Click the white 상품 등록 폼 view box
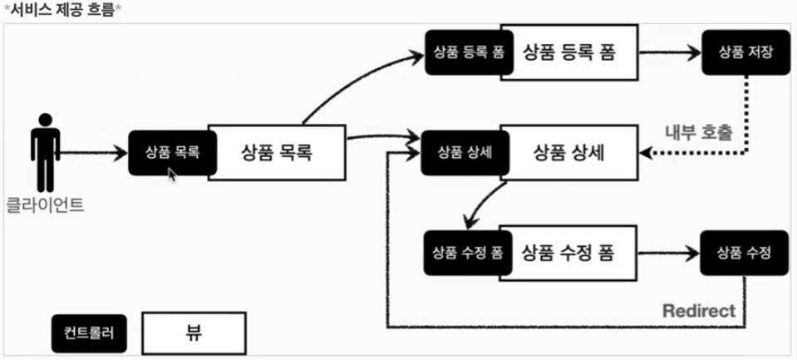[568, 52]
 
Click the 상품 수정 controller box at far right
[742, 252]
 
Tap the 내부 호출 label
[698, 132]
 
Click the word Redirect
[699, 311]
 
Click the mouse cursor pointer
[172, 175]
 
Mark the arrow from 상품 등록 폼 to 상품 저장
[669, 52]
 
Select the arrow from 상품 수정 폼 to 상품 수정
[669, 252]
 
